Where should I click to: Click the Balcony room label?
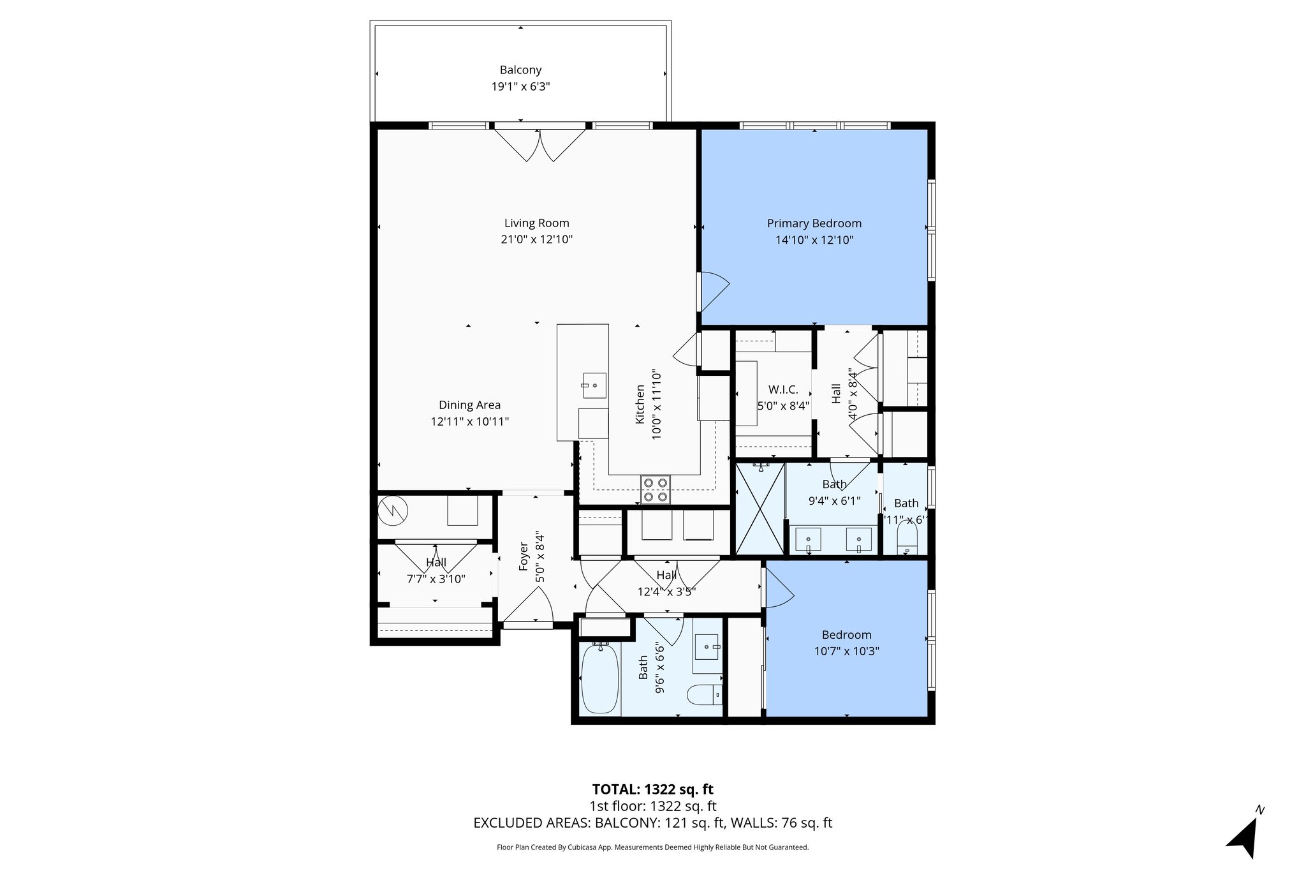point(520,70)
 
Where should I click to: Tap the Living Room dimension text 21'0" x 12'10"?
point(536,240)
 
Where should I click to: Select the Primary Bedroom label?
point(814,223)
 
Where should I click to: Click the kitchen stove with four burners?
point(656,490)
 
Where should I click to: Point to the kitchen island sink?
point(593,385)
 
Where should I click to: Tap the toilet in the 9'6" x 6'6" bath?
point(705,694)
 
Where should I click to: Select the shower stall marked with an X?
point(759,509)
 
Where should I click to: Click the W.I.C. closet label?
point(782,389)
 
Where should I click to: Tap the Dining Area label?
point(469,405)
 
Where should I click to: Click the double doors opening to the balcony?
point(540,144)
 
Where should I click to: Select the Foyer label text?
point(524,556)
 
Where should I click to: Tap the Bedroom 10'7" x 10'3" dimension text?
point(846,651)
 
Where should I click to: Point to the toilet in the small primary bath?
point(906,540)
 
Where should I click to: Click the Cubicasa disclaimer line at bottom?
point(652,847)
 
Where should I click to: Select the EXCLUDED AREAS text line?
point(652,823)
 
